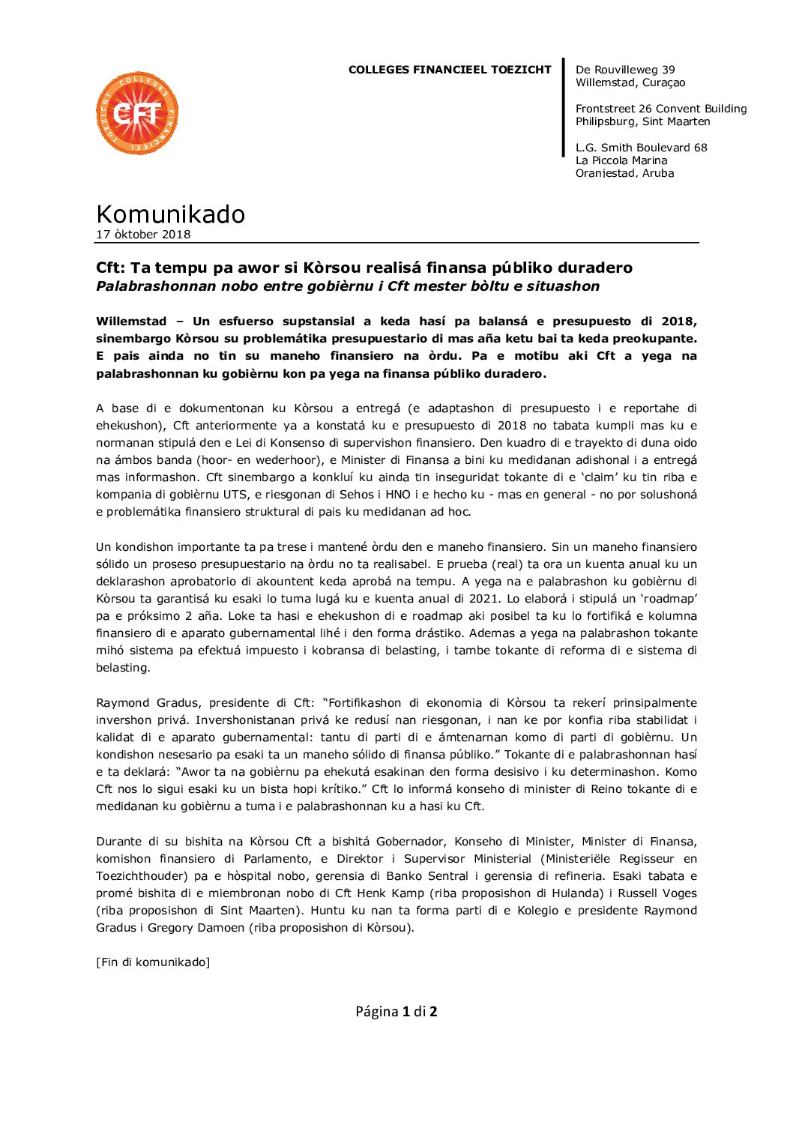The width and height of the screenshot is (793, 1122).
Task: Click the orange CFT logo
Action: (137, 113)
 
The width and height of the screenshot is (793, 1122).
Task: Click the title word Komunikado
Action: (170, 214)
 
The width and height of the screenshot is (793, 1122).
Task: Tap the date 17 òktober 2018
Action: (143, 235)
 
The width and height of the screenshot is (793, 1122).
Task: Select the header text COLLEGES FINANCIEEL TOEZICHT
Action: (450, 70)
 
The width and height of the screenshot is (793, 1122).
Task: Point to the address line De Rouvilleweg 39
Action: (625, 70)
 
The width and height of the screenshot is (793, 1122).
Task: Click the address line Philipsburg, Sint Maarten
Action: (642, 121)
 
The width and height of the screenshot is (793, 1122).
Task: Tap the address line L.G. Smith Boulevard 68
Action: (641, 148)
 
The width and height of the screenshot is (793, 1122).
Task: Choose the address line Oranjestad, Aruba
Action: (624, 173)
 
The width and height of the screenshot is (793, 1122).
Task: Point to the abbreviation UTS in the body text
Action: (235, 495)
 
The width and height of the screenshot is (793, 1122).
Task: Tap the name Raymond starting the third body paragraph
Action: (123, 703)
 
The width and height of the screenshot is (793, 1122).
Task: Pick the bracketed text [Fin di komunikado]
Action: (153, 962)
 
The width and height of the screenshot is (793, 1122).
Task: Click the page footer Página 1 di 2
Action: (396, 1012)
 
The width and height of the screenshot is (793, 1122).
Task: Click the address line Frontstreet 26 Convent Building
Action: (661, 109)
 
